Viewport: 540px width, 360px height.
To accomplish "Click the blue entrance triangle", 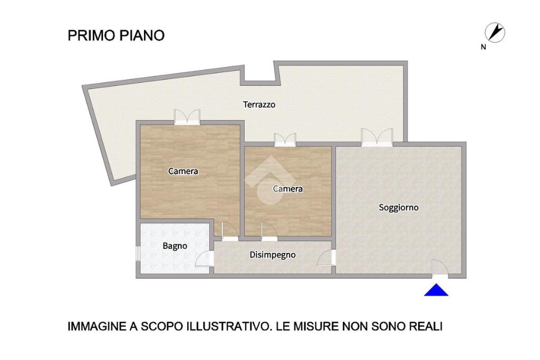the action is click(436, 290).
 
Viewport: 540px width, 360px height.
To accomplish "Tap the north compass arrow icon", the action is click(495, 33).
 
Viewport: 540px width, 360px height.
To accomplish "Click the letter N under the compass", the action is click(484, 47).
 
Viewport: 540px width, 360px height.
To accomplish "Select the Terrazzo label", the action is click(259, 104).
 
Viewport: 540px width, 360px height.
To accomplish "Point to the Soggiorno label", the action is click(399, 208).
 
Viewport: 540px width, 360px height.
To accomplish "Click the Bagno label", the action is click(175, 246).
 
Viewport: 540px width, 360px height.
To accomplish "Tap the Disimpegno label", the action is click(273, 255).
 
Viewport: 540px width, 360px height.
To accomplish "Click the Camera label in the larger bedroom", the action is click(183, 171).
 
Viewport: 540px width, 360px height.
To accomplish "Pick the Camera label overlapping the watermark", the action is click(288, 189).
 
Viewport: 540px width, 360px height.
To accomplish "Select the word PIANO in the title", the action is click(142, 35).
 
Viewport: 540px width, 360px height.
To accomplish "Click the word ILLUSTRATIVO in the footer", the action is click(228, 326).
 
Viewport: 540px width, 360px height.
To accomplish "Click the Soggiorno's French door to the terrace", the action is click(377, 137).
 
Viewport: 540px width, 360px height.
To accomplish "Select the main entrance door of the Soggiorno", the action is click(440, 268).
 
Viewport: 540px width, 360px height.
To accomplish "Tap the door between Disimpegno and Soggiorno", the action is click(326, 257).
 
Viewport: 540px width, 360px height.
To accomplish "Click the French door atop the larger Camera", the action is click(187, 117).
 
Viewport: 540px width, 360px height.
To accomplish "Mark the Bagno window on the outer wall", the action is click(138, 254).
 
